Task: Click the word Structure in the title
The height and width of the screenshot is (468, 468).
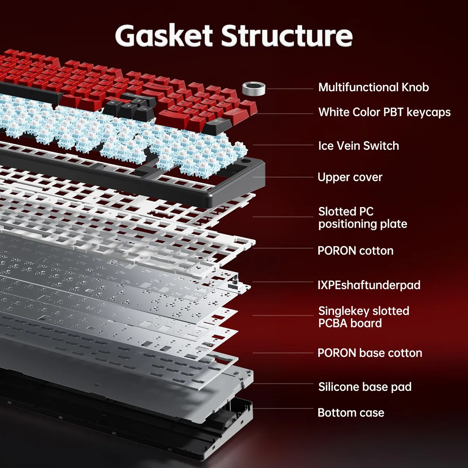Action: [287, 36]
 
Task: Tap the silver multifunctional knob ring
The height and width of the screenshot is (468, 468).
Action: [253, 89]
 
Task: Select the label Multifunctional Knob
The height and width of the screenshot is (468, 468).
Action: [373, 87]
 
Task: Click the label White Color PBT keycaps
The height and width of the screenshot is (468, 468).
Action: [384, 112]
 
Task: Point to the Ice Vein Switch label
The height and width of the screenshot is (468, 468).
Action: [358, 146]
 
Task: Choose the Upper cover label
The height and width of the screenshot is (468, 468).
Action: [350, 177]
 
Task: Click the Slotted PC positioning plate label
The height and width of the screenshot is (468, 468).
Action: [362, 218]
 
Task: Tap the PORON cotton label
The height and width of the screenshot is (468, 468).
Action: [355, 251]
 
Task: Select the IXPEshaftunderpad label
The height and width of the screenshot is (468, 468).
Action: [369, 285]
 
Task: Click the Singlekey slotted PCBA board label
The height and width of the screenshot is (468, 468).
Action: [363, 317]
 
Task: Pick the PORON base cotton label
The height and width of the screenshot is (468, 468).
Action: [370, 353]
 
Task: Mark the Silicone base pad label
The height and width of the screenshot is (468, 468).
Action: [365, 387]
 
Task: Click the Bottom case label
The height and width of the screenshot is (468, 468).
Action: [351, 413]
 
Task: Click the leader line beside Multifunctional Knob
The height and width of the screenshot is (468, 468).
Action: [291, 89]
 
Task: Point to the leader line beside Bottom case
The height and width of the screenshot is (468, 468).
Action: [283, 409]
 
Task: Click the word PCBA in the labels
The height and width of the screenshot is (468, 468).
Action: [333, 323]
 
